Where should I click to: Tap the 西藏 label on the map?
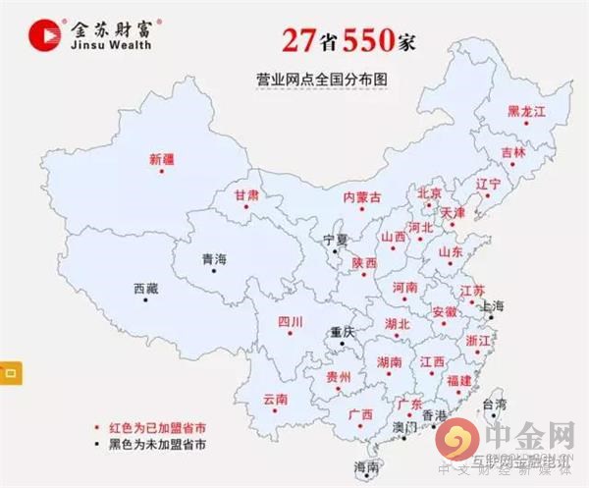pos(144,289)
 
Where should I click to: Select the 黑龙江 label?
pos(525,112)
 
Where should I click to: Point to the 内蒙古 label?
pos(362,197)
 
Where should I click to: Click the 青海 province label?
pos(214,259)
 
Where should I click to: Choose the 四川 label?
pos(290,322)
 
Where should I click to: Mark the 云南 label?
pos(275,400)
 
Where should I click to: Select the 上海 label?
pos(492,306)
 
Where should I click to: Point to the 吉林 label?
pos(513,153)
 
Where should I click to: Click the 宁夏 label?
pos(335,240)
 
